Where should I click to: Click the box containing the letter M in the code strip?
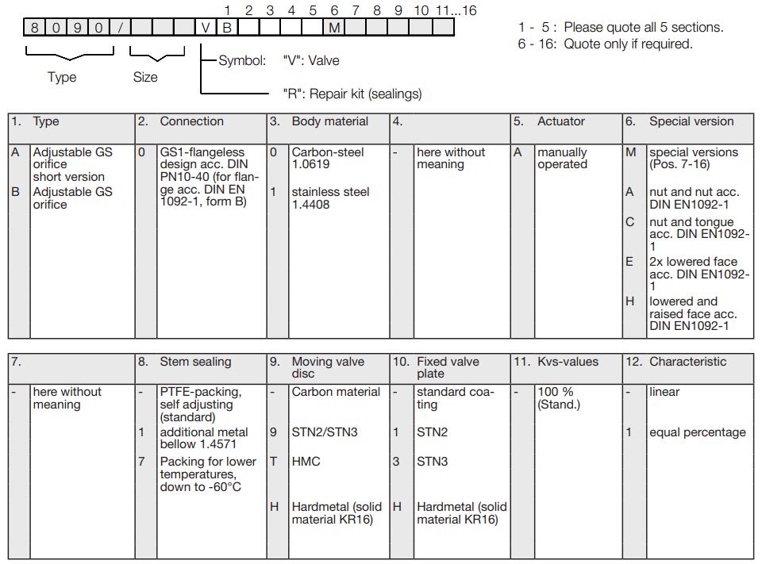click(334, 27)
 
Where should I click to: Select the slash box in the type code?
click(121, 27)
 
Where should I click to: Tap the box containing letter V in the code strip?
click(206, 27)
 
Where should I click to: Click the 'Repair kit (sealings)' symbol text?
click(352, 94)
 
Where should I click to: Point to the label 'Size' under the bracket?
click(145, 77)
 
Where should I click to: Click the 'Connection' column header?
click(191, 121)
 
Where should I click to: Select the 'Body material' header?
click(329, 121)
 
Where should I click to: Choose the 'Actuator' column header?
click(560, 121)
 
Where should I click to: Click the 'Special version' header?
click(691, 121)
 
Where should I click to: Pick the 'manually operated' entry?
click(562, 158)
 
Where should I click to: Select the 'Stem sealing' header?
click(195, 362)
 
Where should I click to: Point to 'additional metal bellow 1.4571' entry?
click(204, 438)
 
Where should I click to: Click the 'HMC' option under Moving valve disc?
click(306, 461)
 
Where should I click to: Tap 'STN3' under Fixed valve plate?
click(432, 461)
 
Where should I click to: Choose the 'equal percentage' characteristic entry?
click(697, 432)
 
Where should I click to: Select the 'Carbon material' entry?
click(337, 392)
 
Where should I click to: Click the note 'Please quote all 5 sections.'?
click(643, 28)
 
